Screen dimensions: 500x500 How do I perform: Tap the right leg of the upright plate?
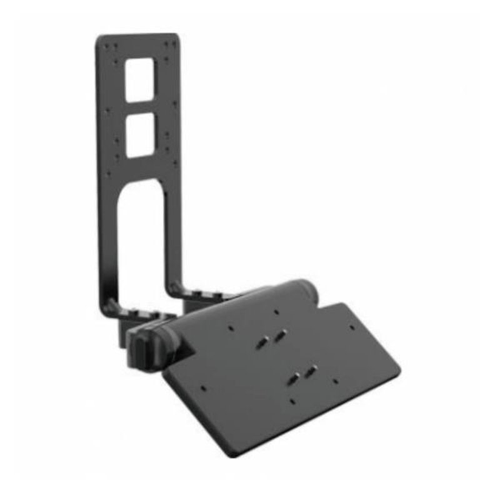174,237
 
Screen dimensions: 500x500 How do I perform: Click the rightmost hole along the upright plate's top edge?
170,43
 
